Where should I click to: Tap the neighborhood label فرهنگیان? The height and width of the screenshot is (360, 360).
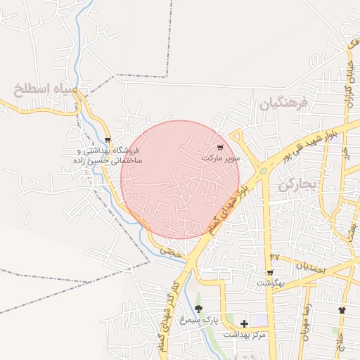pos(284,104)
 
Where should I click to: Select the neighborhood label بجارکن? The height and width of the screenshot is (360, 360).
pos(298,185)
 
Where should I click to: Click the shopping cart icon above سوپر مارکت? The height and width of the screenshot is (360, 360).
pos(220,148)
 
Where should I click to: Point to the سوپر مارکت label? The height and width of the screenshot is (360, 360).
pos(221,158)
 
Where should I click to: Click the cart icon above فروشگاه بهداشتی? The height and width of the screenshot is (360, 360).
pos(107,140)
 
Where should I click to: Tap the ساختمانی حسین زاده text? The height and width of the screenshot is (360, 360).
pos(107,161)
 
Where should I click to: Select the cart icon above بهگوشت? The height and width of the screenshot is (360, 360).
pos(270,273)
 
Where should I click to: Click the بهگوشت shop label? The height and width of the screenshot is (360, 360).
pos(270,283)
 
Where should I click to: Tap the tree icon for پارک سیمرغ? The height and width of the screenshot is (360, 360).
pos(199,309)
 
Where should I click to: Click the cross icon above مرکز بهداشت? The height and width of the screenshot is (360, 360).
pos(244,323)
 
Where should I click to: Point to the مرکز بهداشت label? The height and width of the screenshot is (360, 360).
pos(245,334)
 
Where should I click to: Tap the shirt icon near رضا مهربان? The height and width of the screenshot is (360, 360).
pos(342,309)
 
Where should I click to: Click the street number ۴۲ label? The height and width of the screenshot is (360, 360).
pos(274,257)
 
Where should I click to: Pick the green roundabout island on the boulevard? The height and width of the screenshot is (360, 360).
pos(263,169)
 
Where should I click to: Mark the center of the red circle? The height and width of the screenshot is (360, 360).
pos(181,180)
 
